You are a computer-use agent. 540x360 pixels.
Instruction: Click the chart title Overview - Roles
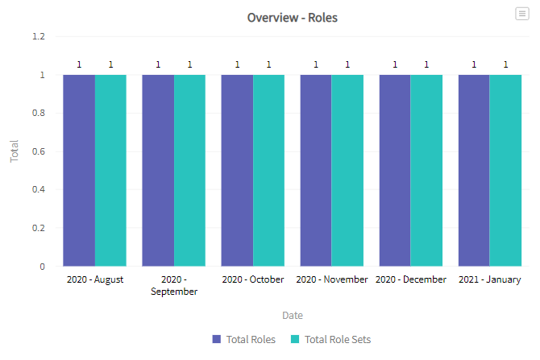coord(292,18)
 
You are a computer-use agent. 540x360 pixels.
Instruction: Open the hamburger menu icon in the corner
coord(522,14)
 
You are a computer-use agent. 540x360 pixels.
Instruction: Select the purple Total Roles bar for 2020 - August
coord(79,171)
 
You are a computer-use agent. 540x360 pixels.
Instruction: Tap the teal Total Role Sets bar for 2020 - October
coord(268,171)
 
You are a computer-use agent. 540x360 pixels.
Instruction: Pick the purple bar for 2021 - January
coord(474,171)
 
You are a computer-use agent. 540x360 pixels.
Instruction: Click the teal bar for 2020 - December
coord(426,171)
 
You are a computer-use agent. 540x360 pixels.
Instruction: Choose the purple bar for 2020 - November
coord(316,171)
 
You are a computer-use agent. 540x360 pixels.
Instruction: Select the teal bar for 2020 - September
coord(189,171)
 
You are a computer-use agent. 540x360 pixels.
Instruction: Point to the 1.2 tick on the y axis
coord(39,36)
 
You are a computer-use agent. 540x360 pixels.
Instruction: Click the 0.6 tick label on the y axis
coord(39,151)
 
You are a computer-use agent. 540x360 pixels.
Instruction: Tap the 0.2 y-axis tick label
coord(39,228)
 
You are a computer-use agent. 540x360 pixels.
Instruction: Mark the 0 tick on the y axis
coord(42,267)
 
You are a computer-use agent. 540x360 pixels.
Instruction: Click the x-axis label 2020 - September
coord(174,285)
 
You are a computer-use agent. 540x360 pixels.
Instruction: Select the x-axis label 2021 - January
coord(490,279)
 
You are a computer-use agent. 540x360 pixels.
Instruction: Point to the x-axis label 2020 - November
coord(332,279)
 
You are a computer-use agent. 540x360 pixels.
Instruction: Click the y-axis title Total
coord(14,151)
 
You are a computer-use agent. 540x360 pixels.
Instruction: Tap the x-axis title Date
coord(293,315)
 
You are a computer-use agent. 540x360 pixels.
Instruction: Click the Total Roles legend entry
coord(244,339)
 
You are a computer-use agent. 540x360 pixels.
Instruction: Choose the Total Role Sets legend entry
coord(330,339)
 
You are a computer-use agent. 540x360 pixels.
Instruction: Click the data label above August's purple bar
coord(79,64)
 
